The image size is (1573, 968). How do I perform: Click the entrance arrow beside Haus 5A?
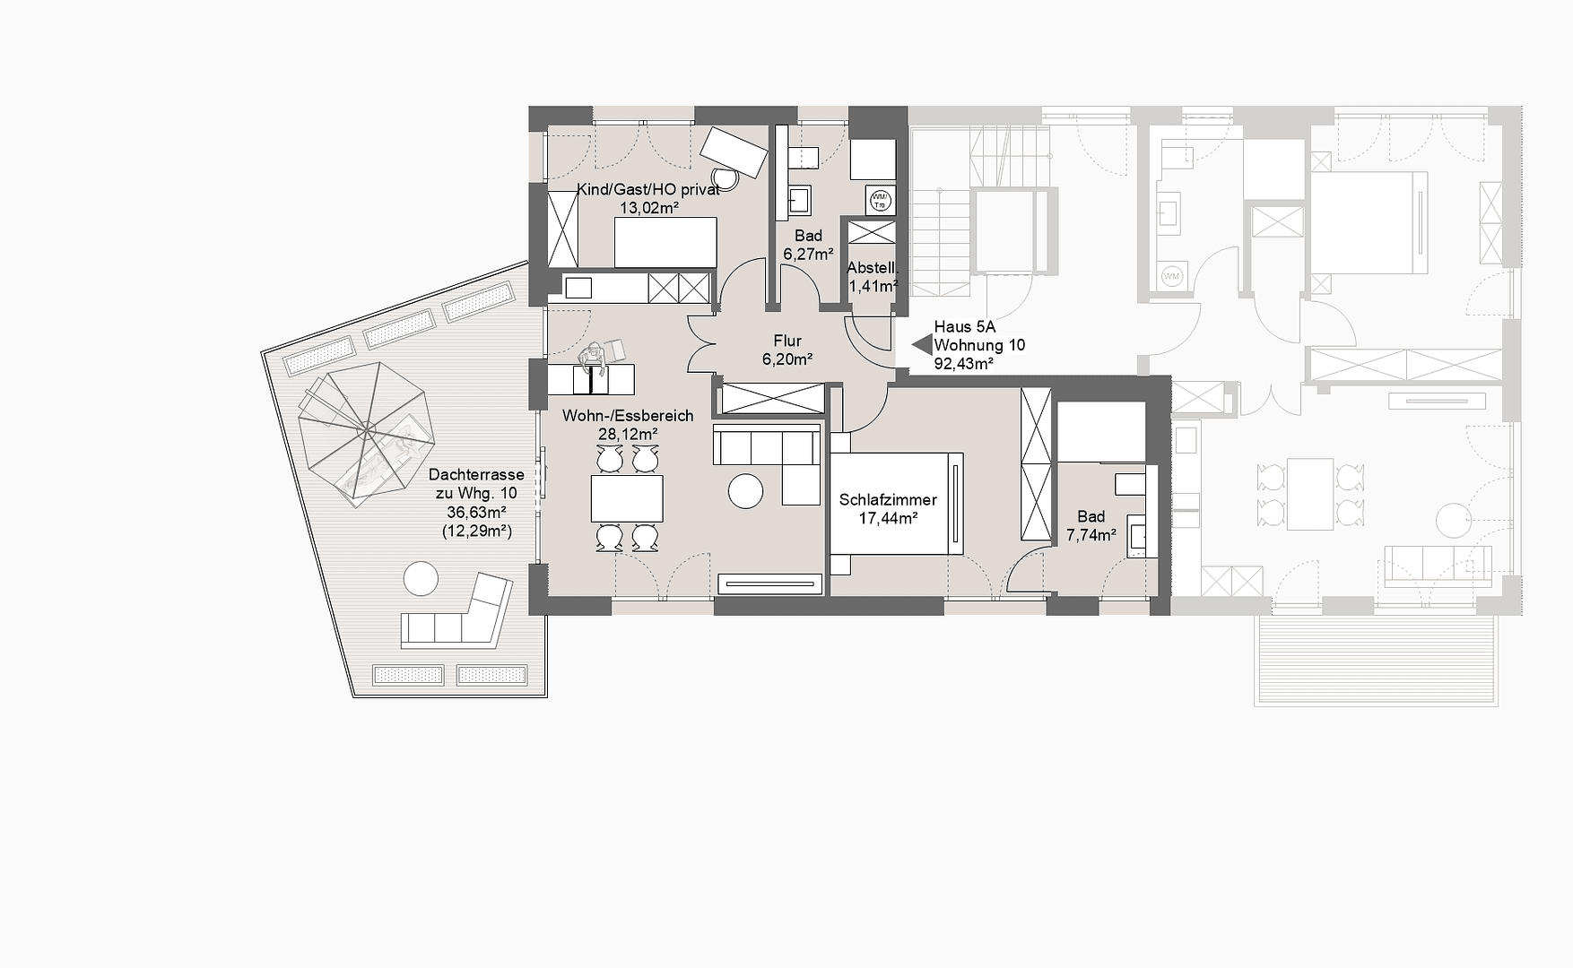pyautogui.click(x=921, y=344)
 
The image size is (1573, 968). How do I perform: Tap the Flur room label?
pyautogui.click(x=786, y=341)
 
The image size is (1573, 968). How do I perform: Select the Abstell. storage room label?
pyautogui.click(x=872, y=268)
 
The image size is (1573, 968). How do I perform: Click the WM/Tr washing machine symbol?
pyautogui.click(x=879, y=201)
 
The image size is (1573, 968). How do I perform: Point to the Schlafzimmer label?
pyautogui.click(x=887, y=500)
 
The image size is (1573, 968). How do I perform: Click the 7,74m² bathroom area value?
pyautogui.click(x=1091, y=535)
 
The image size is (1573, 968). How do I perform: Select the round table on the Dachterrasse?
pyautogui.click(x=420, y=578)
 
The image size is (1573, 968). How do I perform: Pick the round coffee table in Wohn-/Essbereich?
pyautogui.click(x=745, y=490)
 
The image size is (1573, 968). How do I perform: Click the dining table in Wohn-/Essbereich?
pyautogui.click(x=626, y=498)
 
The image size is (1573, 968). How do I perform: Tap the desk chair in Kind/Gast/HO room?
pyautogui.click(x=725, y=177)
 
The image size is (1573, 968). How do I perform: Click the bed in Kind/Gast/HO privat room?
pyautogui.click(x=665, y=241)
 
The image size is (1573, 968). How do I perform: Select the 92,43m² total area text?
pyautogui.click(x=963, y=364)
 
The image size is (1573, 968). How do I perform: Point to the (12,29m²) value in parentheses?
pyautogui.click(x=476, y=531)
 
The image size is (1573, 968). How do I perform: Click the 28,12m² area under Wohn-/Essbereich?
pyautogui.click(x=628, y=434)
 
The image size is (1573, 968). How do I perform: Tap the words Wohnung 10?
pyautogui.click(x=978, y=345)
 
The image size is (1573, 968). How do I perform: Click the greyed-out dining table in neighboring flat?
pyautogui.click(x=1309, y=494)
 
